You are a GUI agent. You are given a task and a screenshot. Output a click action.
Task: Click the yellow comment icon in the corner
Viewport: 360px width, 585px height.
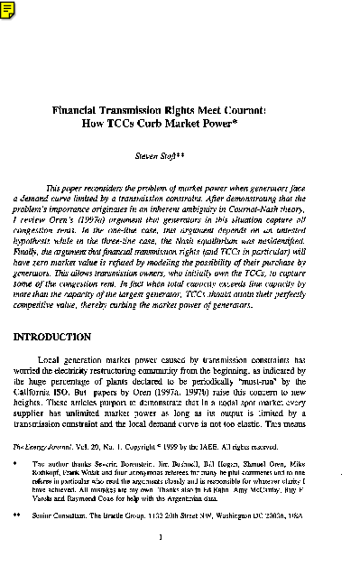click(6, 6)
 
